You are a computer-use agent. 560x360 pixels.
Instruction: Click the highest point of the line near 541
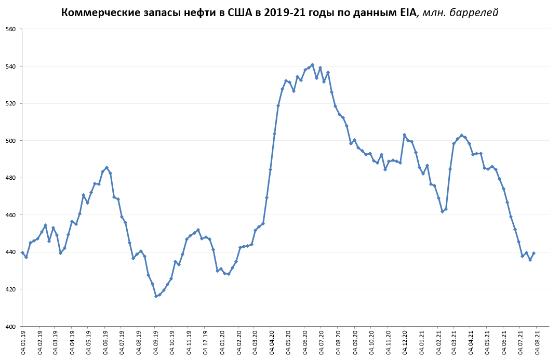pyautogui.click(x=312, y=65)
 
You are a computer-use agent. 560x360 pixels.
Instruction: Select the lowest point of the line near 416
pyautogui.click(x=156, y=296)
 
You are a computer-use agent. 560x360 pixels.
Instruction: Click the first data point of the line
pyautogui.click(x=22, y=253)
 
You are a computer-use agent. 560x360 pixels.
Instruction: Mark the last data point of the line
pyautogui.click(x=534, y=253)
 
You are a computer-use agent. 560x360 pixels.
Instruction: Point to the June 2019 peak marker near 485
pyautogui.click(x=106, y=168)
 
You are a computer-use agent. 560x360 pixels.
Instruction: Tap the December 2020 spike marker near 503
pyautogui.click(x=404, y=135)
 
